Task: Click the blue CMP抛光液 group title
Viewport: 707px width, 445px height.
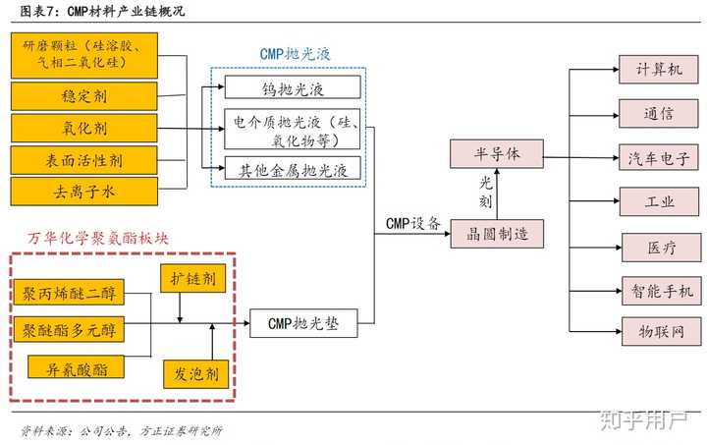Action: tap(290, 53)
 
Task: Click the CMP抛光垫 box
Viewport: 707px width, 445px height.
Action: tap(303, 322)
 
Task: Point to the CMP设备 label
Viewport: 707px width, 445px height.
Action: tap(412, 223)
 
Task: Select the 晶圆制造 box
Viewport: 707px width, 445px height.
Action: tap(496, 234)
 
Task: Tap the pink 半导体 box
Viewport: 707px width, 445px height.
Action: tap(496, 154)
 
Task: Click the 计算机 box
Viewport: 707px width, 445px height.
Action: tap(657, 70)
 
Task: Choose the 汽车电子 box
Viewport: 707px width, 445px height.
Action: tap(657, 157)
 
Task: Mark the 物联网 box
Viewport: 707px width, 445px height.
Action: tap(657, 328)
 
